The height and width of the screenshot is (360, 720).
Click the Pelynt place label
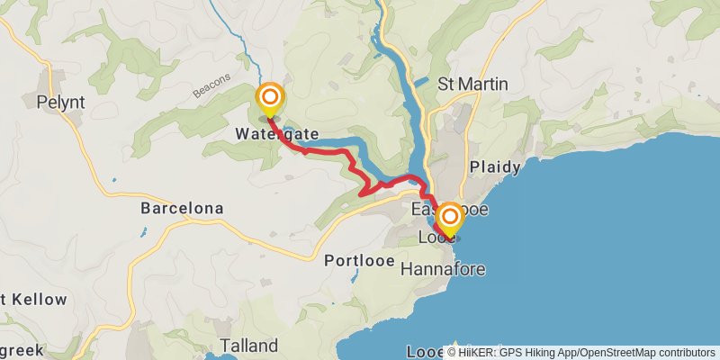(61, 103)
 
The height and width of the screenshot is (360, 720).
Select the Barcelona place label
(182, 208)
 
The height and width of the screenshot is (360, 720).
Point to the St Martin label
(472, 84)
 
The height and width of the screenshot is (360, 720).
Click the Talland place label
(249, 346)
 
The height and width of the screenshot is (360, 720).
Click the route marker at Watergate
(269, 99)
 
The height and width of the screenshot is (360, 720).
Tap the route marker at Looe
(448, 219)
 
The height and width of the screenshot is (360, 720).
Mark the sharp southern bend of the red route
(362, 193)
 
